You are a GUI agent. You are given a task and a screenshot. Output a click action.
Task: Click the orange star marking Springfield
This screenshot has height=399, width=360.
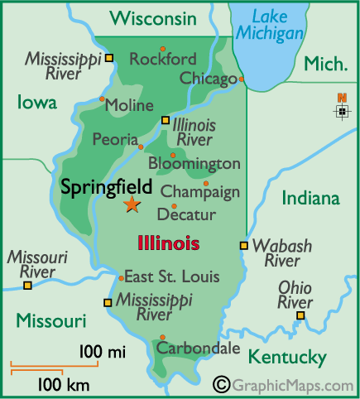point(132,204)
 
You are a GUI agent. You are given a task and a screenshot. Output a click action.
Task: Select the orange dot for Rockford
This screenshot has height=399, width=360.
point(162,48)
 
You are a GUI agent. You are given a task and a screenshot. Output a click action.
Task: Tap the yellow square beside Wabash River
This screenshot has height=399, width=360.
point(243,245)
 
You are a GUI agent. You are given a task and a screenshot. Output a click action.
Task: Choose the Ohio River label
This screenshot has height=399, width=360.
point(295,295)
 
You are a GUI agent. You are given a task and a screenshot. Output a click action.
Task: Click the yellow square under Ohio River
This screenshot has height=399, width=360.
point(300,315)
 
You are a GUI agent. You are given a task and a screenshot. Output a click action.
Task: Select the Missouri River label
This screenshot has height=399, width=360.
point(31,265)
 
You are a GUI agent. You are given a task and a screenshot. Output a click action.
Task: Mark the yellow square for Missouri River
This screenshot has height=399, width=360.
point(27,286)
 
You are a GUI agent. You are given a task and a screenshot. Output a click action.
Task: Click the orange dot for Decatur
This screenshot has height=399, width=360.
point(174,206)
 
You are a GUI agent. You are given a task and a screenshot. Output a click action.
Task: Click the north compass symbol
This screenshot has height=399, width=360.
point(342,108)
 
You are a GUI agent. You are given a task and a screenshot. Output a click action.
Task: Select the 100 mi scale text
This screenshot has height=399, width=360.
point(102,353)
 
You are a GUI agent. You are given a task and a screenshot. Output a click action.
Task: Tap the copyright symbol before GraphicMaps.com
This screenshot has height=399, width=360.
point(221,384)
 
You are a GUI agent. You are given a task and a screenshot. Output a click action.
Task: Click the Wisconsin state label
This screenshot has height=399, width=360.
point(153,17)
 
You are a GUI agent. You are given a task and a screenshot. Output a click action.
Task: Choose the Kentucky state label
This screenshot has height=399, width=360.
point(287,358)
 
